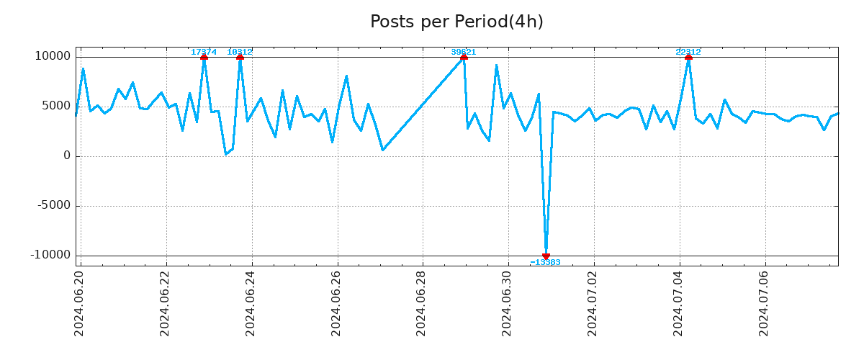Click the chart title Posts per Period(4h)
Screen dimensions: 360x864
click(456, 22)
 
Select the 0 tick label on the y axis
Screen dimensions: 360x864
click(67, 156)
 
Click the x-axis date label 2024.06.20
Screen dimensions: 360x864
click(80, 302)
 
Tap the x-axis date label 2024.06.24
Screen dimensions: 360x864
click(251, 302)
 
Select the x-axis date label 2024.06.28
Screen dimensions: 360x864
click(422, 302)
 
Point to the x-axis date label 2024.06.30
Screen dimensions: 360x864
click(508, 302)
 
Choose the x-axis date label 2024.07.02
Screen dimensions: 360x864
click(593, 302)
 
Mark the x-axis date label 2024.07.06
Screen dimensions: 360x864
click(765, 302)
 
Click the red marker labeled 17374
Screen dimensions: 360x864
click(204, 57)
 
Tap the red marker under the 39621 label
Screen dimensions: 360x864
click(464, 57)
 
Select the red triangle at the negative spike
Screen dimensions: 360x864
click(546, 256)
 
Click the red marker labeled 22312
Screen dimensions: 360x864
click(688, 57)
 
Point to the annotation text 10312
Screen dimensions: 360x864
click(240, 52)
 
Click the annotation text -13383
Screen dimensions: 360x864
click(545, 263)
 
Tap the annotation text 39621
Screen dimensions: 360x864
click(464, 52)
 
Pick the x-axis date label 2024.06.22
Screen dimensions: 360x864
click(166, 302)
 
